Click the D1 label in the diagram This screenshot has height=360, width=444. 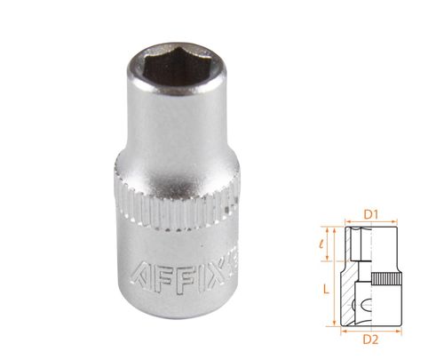[373, 212]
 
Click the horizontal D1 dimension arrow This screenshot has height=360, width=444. [373, 223]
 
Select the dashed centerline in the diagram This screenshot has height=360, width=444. [372, 276]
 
